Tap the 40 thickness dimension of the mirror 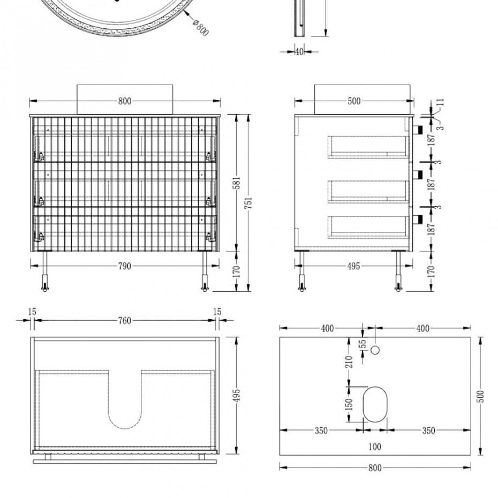(299, 52)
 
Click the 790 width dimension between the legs (124, 266)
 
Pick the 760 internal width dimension (124, 321)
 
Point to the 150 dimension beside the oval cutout (349, 403)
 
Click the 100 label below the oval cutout (375, 447)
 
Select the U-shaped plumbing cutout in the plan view (125, 402)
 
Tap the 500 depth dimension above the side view (354, 101)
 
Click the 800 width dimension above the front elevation (124, 101)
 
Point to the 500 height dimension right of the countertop (480, 396)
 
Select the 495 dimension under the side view (353, 266)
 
